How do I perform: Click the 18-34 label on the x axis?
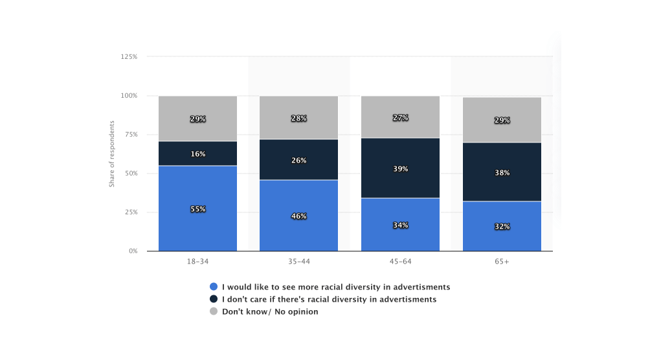click(197, 261)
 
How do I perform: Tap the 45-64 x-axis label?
click(400, 261)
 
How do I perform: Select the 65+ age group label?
click(502, 261)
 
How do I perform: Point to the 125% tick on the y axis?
click(129, 57)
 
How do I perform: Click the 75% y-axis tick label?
click(130, 135)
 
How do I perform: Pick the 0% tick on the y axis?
click(132, 251)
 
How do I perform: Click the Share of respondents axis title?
click(111, 154)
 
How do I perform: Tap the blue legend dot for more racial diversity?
click(214, 287)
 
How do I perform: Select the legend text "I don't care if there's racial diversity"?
click(329, 299)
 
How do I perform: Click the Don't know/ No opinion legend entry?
click(269, 311)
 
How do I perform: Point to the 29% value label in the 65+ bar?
click(502, 120)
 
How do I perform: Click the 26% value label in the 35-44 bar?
click(298, 161)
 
